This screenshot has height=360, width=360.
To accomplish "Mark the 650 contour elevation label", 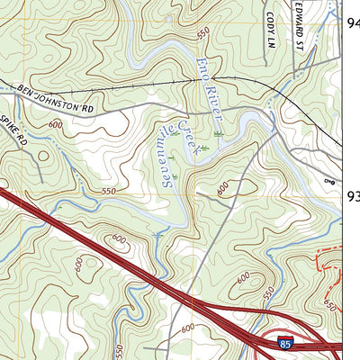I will click(x=330, y=307).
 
